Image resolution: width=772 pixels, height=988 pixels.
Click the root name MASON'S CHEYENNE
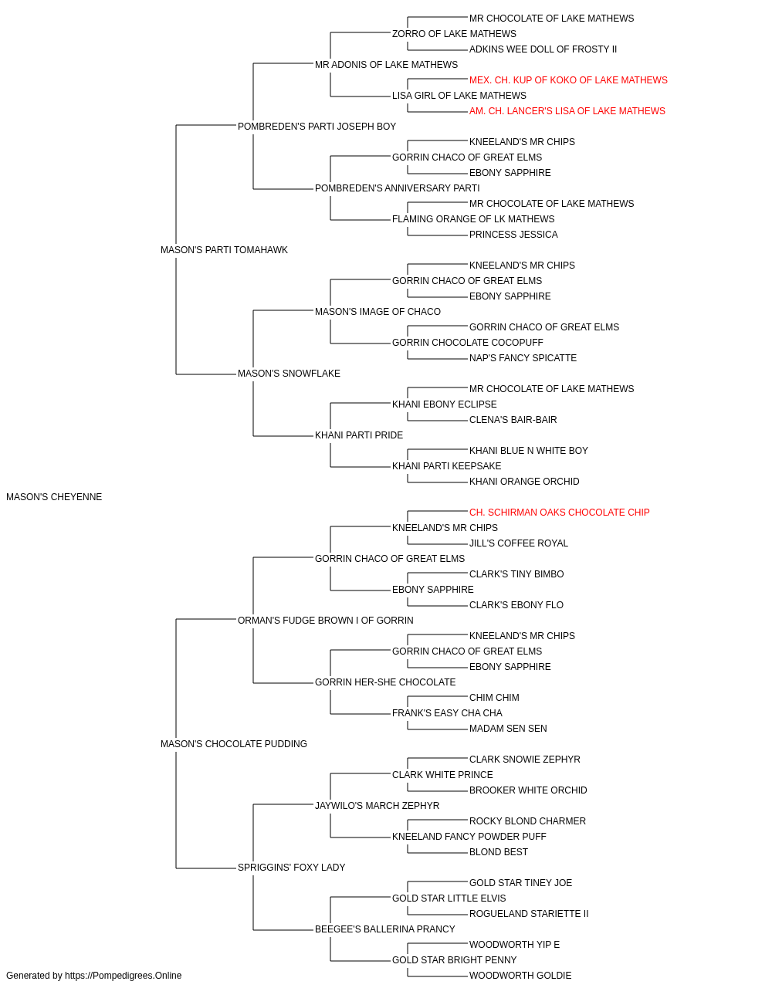54,497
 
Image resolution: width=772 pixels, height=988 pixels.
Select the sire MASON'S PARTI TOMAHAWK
224,249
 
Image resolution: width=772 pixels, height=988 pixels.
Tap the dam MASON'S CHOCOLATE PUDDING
234,744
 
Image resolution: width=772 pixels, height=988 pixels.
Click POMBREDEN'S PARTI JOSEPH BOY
317,127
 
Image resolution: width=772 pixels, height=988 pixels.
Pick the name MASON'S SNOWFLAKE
289,374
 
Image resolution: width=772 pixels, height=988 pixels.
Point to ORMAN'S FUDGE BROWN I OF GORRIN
326,620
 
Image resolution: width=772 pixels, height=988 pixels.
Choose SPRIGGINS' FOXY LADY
292,867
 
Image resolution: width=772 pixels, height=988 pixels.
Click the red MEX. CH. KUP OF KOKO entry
568,80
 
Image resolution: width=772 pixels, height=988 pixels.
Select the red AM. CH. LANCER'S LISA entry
567,111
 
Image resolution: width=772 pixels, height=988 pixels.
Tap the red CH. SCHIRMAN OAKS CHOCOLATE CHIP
559,513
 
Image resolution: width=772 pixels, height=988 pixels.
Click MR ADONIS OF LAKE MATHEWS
387,65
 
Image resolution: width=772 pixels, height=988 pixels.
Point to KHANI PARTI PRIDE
359,435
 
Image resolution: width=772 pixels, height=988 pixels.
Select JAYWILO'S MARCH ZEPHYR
378,806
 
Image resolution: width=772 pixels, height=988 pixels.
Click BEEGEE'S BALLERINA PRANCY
385,929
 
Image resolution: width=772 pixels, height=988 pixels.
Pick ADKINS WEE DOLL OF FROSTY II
543,49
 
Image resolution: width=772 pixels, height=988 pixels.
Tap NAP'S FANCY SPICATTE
523,358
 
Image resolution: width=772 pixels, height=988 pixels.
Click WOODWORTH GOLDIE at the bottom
520,976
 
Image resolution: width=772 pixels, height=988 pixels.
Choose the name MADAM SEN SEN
508,729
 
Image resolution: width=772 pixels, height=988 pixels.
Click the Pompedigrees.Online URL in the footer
124,976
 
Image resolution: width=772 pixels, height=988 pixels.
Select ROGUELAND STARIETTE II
529,913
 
